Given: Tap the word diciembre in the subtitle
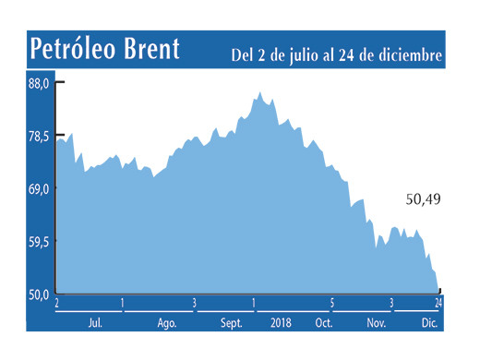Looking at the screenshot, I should click(413, 56).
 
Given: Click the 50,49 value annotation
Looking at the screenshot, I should click(425, 198).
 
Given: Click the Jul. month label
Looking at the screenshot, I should click(94, 323).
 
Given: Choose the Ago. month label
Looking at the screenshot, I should click(166, 323).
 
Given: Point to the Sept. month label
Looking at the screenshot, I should click(233, 323).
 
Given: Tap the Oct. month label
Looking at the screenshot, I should click(323, 323).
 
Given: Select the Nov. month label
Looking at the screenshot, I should click(377, 323).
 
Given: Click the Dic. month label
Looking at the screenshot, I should click(429, 323).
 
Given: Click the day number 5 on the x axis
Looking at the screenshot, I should click(331, 303).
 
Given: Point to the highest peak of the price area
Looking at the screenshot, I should click(260, 92).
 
